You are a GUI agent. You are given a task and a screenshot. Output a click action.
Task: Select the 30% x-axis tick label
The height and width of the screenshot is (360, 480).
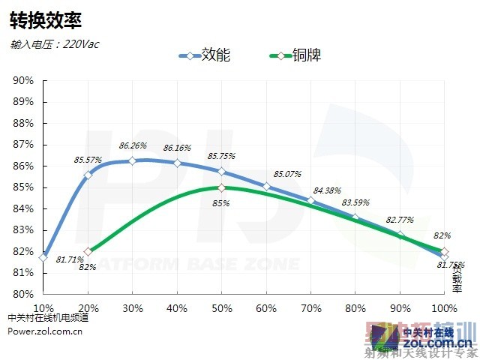tap(132, 308)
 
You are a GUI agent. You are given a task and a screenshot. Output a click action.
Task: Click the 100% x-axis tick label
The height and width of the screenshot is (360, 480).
tap(444, 308)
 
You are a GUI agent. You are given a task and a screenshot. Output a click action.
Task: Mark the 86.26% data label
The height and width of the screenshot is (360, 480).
tap(133, 145)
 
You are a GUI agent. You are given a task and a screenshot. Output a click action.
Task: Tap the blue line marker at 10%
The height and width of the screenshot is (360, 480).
tap(43, 257)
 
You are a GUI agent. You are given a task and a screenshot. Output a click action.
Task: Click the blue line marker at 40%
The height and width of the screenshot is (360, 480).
tap(177, 163)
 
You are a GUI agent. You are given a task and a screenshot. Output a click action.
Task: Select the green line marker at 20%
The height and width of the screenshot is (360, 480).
tap(88, 251)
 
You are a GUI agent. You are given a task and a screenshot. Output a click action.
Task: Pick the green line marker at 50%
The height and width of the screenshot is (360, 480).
tap(221, 187)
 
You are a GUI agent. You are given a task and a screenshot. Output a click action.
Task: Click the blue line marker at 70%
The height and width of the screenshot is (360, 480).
tap(310, 200)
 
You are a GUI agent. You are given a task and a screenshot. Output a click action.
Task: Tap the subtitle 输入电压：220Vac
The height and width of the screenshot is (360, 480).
tap(55, 43)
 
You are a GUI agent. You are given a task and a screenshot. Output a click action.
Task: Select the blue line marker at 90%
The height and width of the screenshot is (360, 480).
tap(400, 235)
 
